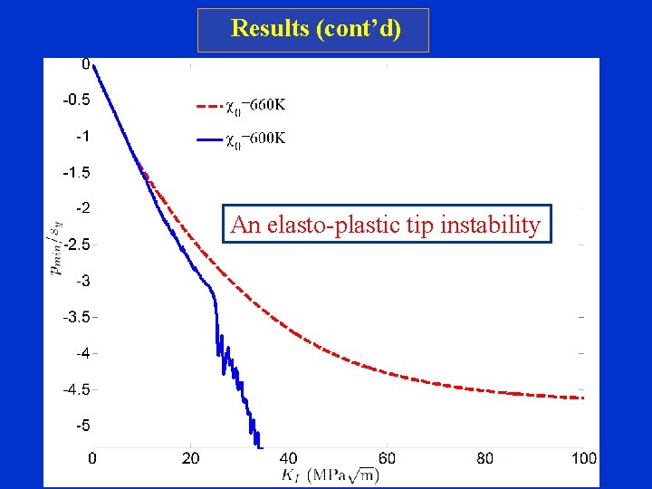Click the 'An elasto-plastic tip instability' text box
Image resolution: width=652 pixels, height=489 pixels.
[x=386, y=225]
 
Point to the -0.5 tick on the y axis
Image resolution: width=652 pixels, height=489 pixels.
[x=76, y=101]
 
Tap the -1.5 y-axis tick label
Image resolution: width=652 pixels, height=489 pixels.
[x=76, y=173]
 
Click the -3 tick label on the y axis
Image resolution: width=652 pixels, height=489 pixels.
[x=81, y=282]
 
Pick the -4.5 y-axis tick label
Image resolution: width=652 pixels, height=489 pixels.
[x=76, y=390]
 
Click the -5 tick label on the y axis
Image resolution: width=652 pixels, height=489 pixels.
[x=81, y=426]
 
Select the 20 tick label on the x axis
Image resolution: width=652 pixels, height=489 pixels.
[x=191, y=458]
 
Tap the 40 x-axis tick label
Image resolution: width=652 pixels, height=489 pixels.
[x=289, y=458]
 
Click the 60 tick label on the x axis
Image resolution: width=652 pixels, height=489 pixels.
[x=387, y=458]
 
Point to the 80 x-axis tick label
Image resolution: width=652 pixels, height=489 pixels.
[x=485, y=458]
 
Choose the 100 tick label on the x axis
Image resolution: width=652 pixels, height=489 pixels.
[x=583, y=458]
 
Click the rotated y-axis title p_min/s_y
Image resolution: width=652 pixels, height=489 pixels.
[x=57, y=244]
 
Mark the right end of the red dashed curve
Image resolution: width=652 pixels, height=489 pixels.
[x=584, y=398]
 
